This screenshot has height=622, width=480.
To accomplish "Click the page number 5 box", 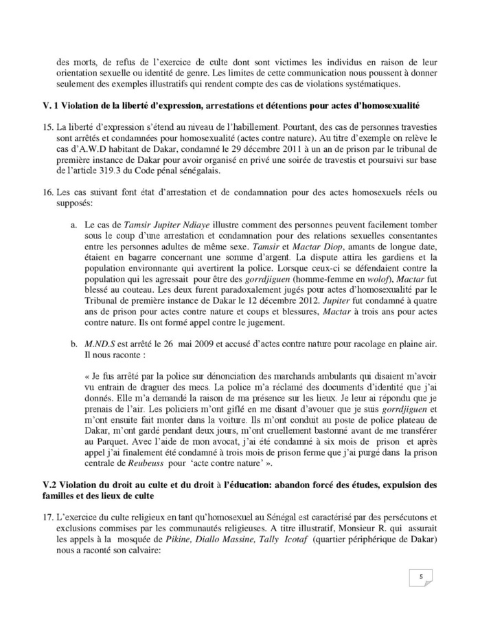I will tap(420, 577).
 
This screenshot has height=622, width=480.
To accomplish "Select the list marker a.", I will tap(73, 224).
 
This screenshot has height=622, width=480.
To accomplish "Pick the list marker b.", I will tap(73, 343).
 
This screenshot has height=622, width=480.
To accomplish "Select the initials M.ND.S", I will tap(98, 343).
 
